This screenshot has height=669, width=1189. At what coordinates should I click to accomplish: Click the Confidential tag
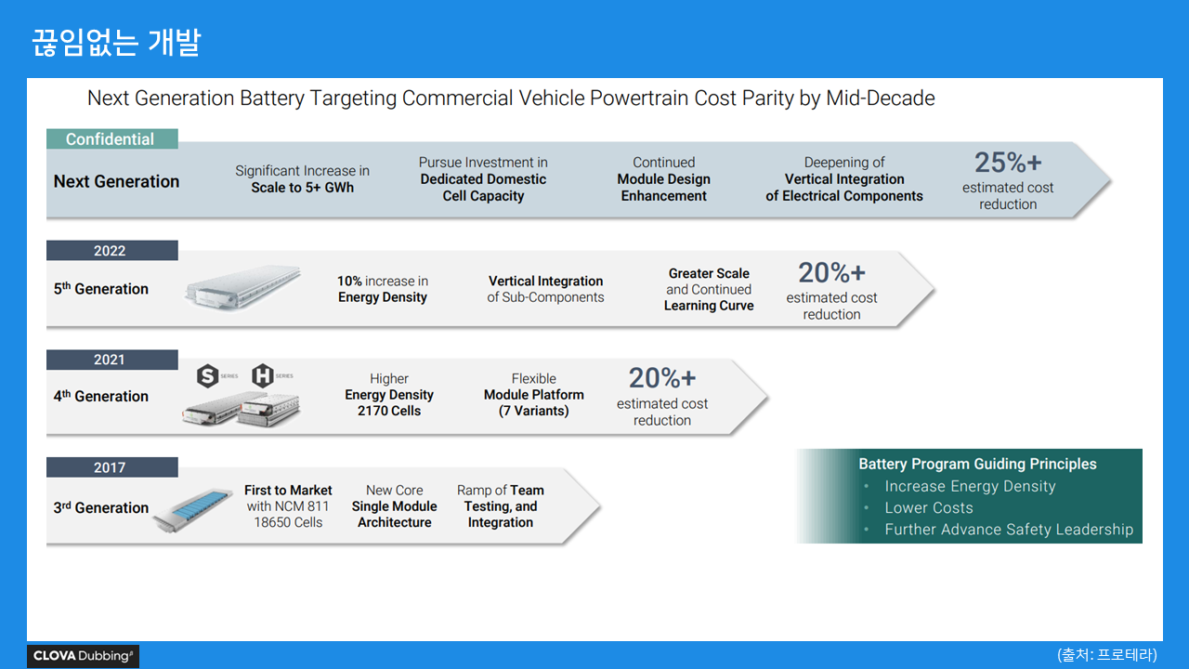(111, 139)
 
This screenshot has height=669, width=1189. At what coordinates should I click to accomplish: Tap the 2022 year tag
(110, 251)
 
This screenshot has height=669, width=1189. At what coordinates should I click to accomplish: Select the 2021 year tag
(110, 360)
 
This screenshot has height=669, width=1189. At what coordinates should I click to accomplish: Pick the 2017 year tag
(110, 467)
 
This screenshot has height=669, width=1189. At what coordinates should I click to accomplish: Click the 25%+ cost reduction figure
(1008, 164)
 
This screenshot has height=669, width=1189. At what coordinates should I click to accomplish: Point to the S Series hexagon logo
(208, 376)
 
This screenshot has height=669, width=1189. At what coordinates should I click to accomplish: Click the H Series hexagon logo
(264, 376)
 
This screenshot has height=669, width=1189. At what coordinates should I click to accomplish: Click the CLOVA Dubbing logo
(83, 656)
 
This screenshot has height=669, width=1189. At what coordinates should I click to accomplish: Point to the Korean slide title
(116, 43)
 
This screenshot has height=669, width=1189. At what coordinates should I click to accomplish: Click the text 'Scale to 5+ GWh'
(302, 188)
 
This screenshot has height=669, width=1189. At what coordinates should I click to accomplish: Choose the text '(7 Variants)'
(534, 411)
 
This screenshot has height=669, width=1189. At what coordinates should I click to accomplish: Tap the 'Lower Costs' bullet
(929, 508)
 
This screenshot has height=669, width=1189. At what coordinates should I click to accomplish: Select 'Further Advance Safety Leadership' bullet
(1009, 530)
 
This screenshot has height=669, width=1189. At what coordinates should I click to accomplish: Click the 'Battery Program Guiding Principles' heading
(977, 465)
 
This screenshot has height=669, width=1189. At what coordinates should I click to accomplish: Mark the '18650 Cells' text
(288, 522)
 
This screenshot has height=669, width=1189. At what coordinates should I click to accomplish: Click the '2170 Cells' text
(389, 411)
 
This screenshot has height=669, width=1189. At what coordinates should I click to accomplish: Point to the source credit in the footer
(1107, 654)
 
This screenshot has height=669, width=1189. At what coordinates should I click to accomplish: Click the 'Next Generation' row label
(116, 181)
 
